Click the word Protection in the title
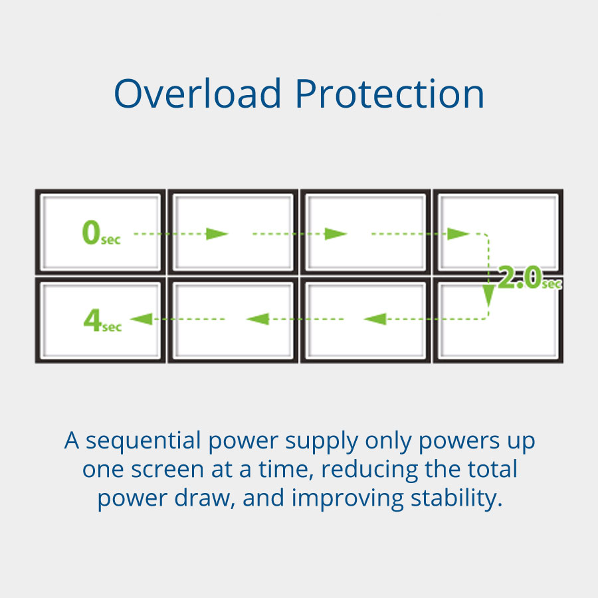(390, 94)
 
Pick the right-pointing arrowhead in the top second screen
(217, 233)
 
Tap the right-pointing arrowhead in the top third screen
(336, 233)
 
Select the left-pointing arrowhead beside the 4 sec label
(140, 320)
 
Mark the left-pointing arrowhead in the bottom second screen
(257, 320)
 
